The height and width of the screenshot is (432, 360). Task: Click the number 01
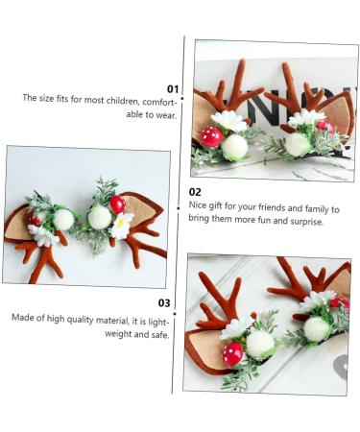tap(174, 88)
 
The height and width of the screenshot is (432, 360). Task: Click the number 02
tap(195, 191)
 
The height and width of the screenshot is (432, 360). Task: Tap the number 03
tap(163, 303)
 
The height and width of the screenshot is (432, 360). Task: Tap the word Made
tap(24, 318)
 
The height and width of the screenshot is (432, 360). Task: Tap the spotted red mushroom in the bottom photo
tap(233, 353)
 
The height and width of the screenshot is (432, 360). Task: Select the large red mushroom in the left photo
tap(117, 204)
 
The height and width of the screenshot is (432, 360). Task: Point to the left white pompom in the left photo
tap(64, 220)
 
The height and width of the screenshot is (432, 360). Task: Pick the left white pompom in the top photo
tap(235, 148)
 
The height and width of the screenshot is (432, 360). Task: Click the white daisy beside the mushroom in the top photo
tap(229, 121)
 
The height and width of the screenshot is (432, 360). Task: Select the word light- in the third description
tap(152, 318)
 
